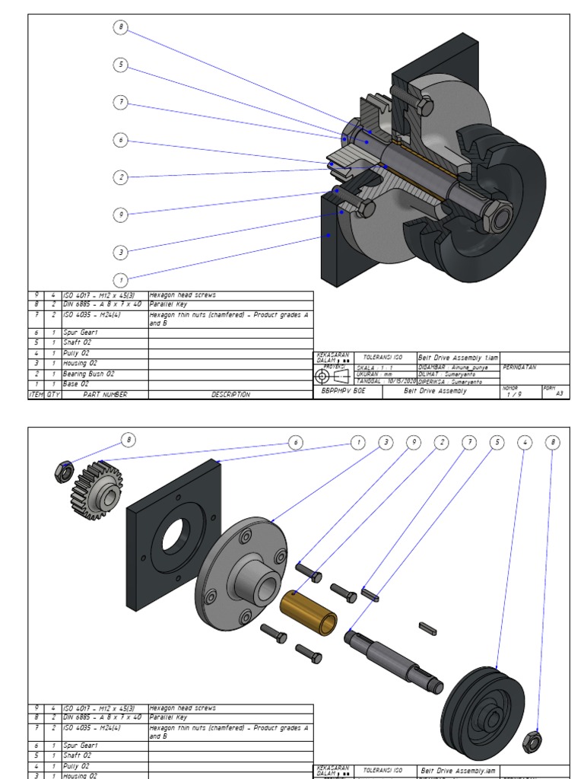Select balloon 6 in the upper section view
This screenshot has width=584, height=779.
[121, 140]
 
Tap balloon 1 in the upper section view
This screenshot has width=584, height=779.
[121, 279]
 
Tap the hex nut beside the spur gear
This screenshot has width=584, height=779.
[63, 472]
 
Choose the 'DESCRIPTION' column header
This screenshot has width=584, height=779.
[230, 395]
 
